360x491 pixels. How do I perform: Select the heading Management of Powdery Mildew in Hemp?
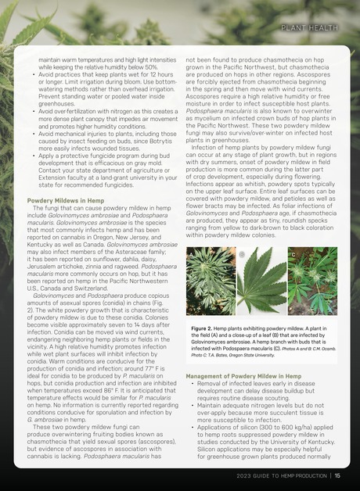[x=243, y=376]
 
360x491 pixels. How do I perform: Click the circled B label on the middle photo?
[x=242, y=255]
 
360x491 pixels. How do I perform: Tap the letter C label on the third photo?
[x=293, y=255]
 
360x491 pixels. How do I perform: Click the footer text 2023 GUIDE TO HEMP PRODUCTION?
[x=283, y=475]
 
